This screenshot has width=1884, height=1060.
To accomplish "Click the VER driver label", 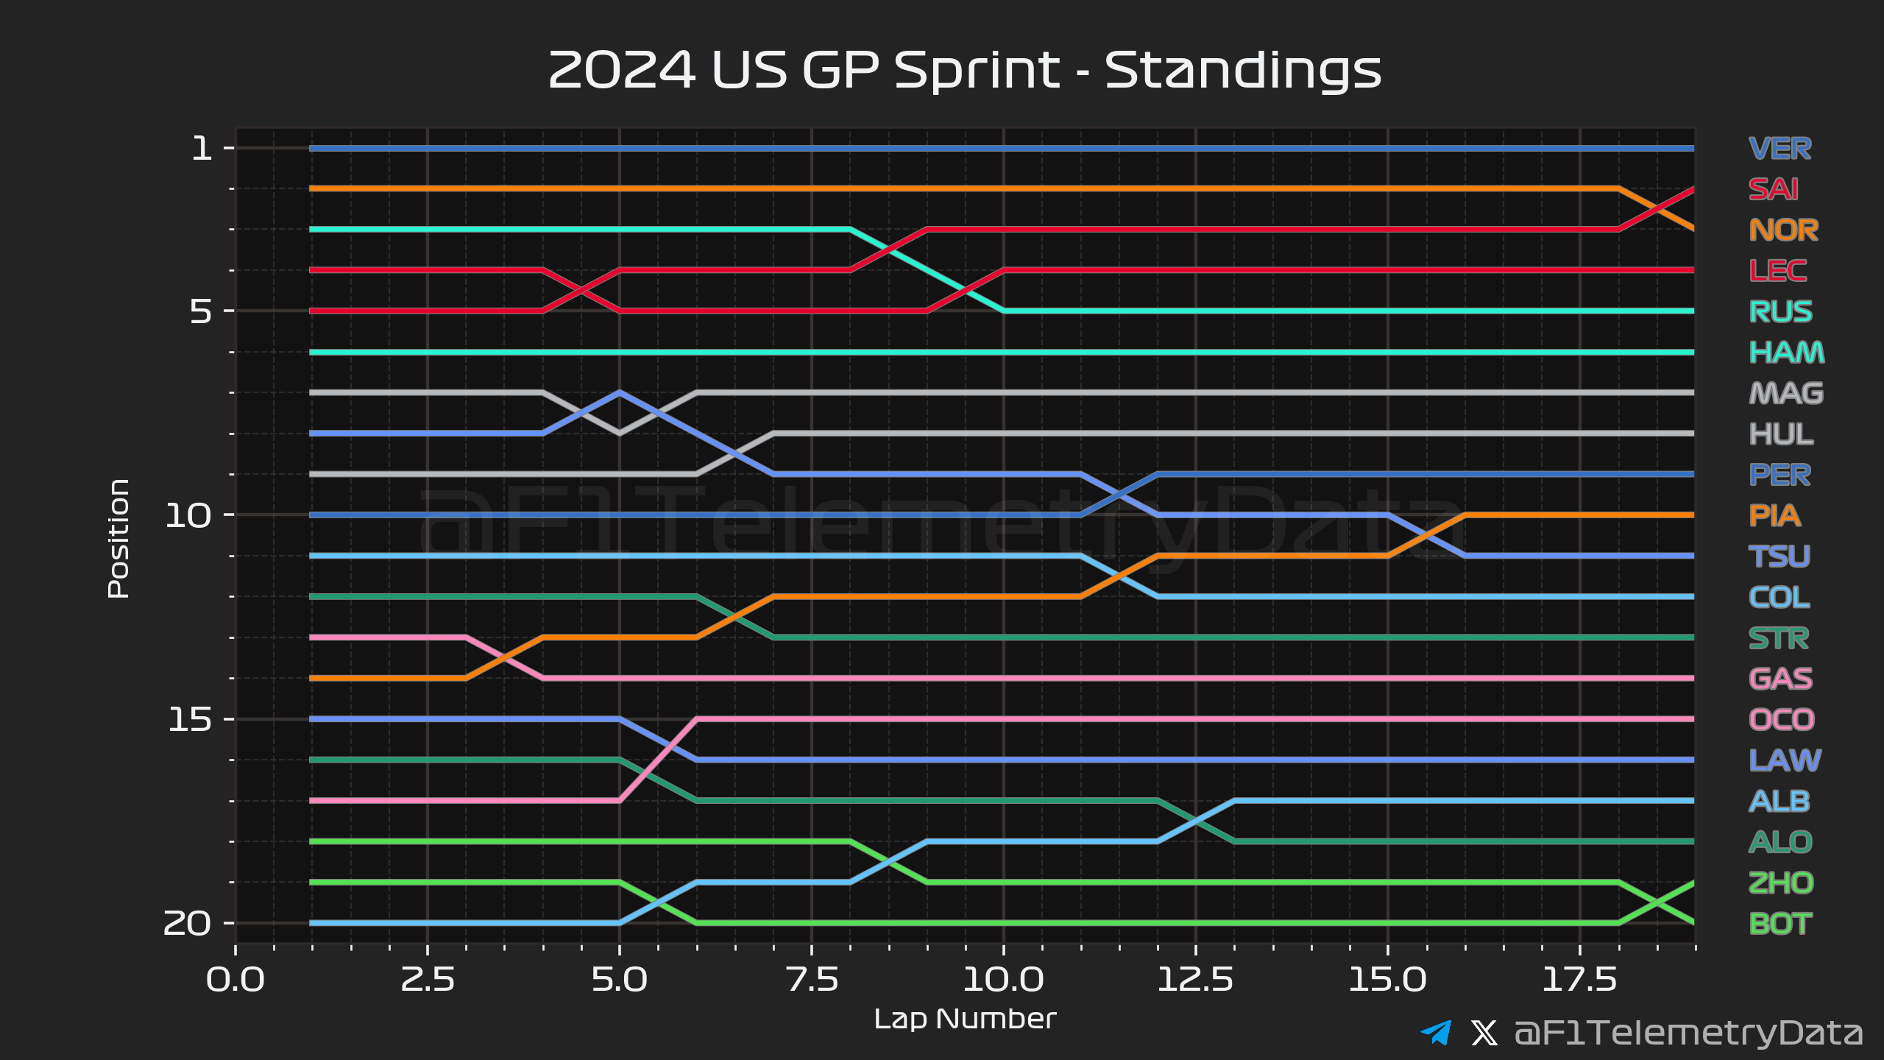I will pos(1779,149).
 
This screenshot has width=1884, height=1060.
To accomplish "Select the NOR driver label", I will pos(1783,230).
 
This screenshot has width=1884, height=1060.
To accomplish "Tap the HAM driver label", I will pos(1786,353).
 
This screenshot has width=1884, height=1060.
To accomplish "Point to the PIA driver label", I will pos(1774,516).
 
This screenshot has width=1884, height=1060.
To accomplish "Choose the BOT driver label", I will pos(1779,924).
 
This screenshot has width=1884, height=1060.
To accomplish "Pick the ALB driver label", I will pos(1779,802).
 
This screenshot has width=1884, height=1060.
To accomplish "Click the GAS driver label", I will pos(1780,679).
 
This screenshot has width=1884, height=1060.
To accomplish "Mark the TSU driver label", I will pos(1779,556).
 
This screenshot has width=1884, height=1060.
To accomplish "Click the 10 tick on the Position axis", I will pos(188,515).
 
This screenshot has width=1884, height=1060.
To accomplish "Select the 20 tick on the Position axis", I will pos(187,923).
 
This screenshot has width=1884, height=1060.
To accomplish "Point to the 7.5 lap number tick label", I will pos(812,980).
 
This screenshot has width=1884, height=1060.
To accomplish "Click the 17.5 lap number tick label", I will pos(1579,980).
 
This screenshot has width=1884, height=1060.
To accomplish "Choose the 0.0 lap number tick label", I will pos(235,980).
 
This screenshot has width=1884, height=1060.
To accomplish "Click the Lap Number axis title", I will pos(965,1020).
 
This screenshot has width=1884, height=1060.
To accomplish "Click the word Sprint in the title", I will pos(977,72).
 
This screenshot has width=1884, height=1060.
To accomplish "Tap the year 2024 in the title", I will pos(622,71).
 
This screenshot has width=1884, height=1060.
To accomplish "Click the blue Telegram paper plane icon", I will pos(1436,1032).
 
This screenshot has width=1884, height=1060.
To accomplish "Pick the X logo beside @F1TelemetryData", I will pos(1484,1033).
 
